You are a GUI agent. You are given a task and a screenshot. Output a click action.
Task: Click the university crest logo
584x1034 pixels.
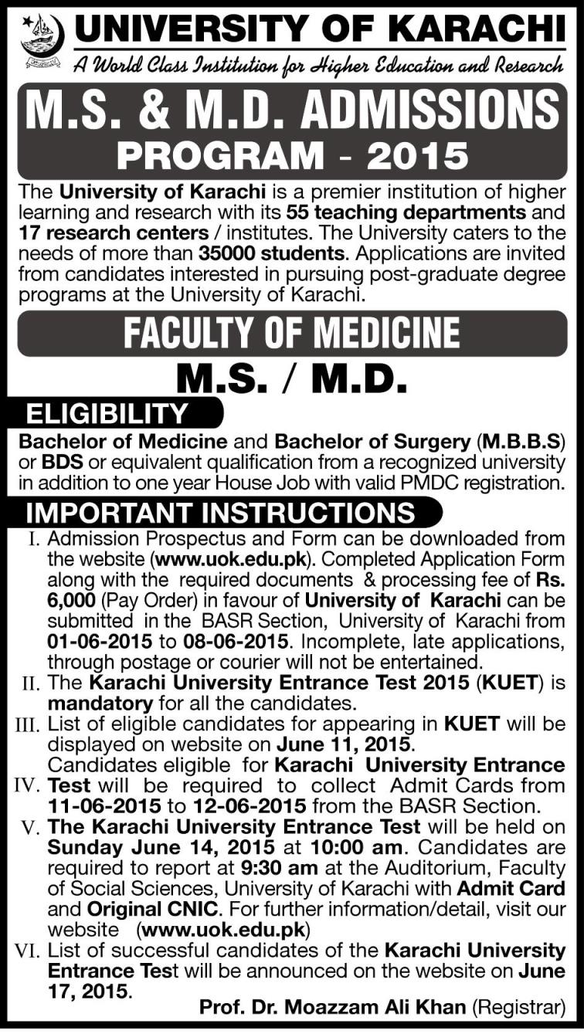tap(42, 39)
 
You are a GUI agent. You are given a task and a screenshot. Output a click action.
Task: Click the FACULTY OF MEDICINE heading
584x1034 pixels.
tap(292, 334)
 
